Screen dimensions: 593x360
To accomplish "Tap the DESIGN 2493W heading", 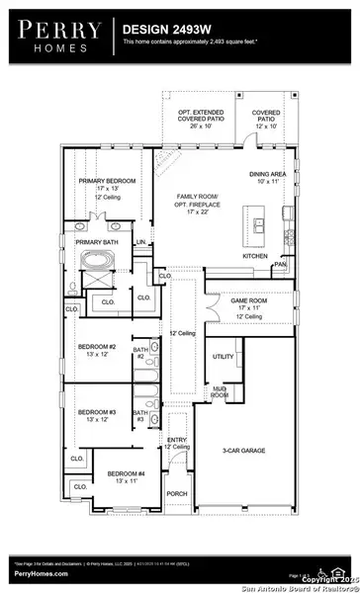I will (163, 31).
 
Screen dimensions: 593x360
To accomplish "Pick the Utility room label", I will (223, 356).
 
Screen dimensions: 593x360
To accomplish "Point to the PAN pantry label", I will (281, 265).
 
